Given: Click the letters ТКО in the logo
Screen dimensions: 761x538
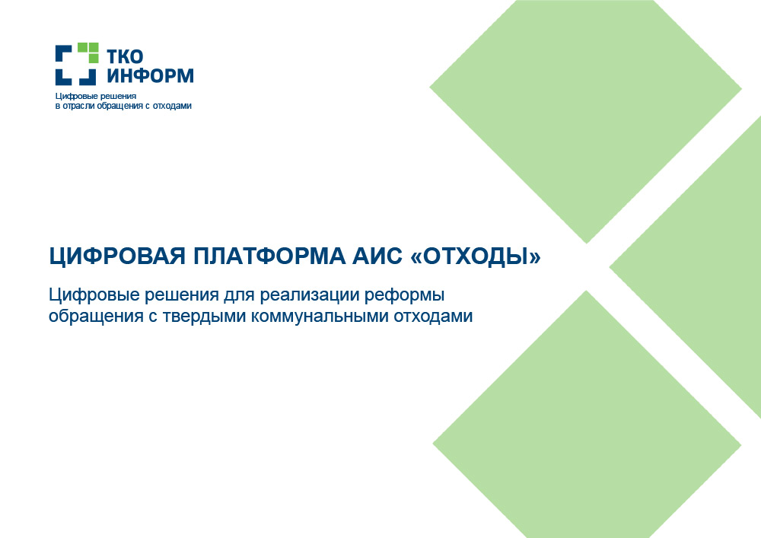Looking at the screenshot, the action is (x=125, y=56).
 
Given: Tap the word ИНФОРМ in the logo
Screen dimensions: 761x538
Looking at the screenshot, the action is (x=150, y=75).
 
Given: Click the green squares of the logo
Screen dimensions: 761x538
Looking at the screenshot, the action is (x=88, y=53).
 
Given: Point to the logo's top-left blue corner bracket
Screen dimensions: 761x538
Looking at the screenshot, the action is (x=62, y=53).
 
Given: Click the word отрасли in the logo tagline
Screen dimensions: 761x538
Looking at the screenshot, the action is (x=78, y=106).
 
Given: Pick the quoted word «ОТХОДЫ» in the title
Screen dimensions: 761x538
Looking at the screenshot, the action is (x=476, y=256).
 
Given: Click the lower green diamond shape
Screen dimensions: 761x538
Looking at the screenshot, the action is (x=587, y=417).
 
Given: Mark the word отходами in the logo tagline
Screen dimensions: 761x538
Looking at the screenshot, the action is (x=172, y=106).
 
